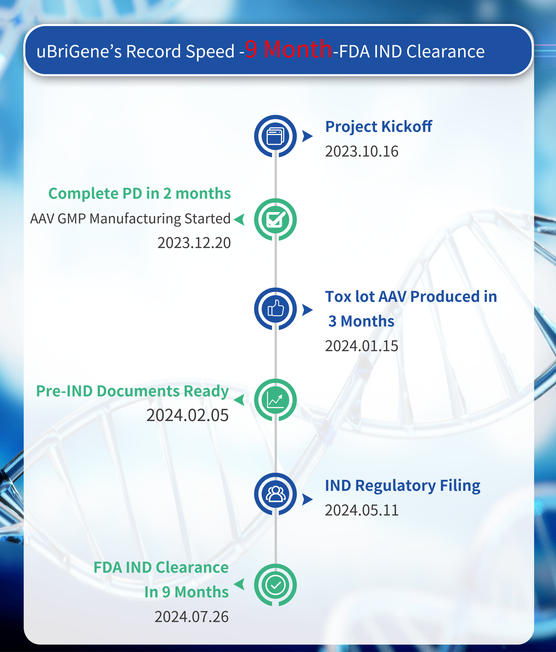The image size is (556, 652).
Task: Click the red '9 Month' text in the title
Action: tap(288, 49)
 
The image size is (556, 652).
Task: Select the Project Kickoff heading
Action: tap(379, 127)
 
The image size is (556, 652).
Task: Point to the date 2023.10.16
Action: tap(362, 151)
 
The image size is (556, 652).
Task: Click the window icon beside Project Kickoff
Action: tap(275, 136)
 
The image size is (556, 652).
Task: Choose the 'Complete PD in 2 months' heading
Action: tap(140, 193)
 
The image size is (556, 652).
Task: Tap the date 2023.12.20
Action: tap(194, 243)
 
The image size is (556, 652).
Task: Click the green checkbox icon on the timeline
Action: tap(275, 219)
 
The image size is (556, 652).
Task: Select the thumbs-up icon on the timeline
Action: tap(275, 309)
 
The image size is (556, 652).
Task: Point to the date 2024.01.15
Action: tap(362, 346)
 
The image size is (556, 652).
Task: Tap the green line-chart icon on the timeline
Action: tap(275, 400)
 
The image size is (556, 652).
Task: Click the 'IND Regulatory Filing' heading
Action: tap(403, 486)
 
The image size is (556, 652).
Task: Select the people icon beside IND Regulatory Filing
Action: tap(275, 494)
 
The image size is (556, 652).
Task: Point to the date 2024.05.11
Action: tap(362, 510)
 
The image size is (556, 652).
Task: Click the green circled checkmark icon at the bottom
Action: tap(275, 585)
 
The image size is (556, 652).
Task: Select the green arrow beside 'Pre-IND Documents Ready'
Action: tap(239, 400)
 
